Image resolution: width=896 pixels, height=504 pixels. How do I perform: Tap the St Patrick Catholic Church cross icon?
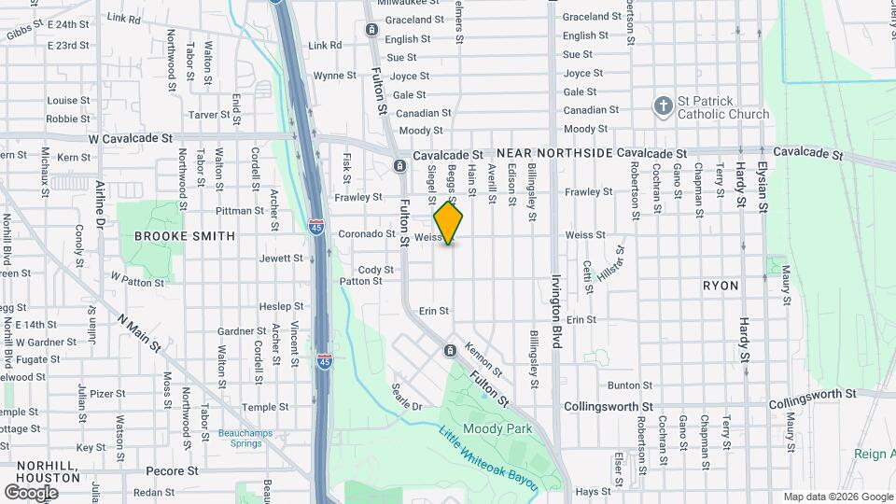(664, 105)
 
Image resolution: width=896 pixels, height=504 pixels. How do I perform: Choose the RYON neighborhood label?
(721, 286)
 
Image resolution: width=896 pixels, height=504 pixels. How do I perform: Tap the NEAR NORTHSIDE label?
(554, 152)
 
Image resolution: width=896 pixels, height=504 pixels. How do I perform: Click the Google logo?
(31, 493)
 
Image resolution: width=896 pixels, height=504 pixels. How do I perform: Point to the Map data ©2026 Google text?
(838, 497)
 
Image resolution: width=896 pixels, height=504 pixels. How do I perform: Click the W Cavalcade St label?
(131, 138)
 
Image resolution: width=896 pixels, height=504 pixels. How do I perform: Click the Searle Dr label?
(408, 399)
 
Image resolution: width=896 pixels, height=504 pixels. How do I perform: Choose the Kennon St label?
(477, 356)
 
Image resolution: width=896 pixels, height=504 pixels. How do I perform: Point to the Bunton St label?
(629, 385)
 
